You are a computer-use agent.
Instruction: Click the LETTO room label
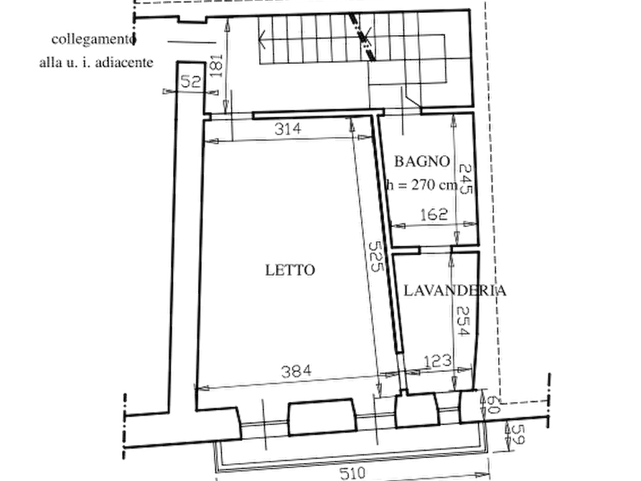[x=290, y=270]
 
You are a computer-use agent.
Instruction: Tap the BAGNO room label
[x=422, y=161]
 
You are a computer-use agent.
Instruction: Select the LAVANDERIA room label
[x=455, y=291]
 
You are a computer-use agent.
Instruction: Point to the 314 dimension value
[x=288, y=129]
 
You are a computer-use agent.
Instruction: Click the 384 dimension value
[x=296, y=371]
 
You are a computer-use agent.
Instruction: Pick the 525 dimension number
[x=376, y=256]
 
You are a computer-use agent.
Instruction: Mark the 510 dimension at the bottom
[x=352, y=473]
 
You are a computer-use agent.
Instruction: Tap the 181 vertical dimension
[x=216, y=65]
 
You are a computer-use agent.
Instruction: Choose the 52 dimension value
[x=190, y=81]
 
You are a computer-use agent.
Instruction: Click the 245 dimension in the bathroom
[x=466, y=179]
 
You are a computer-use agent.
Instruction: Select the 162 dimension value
[x=434, y=215]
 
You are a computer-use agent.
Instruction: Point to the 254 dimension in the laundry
[x=463, y=321]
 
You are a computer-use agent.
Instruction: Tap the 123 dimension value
[x=438, y=361]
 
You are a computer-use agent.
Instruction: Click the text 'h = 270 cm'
[x=422, y=185]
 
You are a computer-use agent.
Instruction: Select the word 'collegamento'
[x=93, y=39]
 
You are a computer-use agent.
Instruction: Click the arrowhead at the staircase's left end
[x=261, y=40]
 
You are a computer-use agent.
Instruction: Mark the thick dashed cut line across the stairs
[x=362, y=37]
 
